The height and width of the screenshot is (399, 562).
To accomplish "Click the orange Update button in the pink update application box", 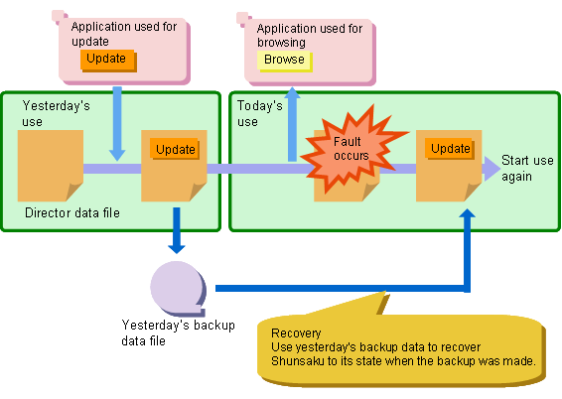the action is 108,60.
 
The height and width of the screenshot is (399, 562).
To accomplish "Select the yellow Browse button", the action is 285,61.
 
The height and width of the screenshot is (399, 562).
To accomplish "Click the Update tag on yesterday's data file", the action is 175,149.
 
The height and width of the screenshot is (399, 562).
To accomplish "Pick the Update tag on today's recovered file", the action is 450,149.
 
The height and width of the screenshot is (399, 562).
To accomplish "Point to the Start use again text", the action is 527,168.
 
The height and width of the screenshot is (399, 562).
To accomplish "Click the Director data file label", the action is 72,213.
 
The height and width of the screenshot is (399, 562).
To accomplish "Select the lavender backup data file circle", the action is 177,287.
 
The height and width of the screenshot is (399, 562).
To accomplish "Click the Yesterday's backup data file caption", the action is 178,332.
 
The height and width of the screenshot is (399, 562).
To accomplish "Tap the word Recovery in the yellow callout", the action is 296,333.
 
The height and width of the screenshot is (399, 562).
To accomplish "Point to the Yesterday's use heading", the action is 56,113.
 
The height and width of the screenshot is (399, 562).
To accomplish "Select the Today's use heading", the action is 259,113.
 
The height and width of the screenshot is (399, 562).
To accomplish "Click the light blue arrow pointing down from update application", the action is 117,124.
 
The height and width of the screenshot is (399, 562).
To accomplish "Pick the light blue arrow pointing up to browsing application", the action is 293,124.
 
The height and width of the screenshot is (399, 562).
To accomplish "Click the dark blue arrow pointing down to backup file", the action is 177,230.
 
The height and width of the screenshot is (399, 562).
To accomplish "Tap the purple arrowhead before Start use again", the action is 492,169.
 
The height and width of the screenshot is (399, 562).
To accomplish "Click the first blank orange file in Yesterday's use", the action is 51,166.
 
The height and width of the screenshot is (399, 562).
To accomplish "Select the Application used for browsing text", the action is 310,35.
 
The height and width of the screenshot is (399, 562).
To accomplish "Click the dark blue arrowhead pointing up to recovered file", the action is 468,213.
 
